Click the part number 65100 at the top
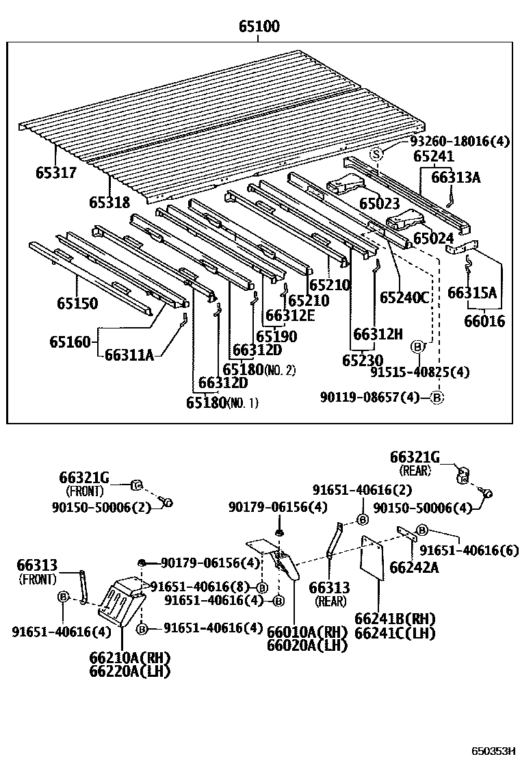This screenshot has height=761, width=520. coord(259,27)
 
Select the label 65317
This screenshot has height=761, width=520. coord(56,173)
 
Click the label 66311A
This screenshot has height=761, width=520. coord(129,354)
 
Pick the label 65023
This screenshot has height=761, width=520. coord(379,203)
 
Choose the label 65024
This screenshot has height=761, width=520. coord(434,239)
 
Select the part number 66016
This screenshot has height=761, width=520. coord(484,321)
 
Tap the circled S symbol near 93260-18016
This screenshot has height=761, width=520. coord(375,154)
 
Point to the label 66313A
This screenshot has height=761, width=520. coord(456,178)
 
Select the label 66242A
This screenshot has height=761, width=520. coord(415,567)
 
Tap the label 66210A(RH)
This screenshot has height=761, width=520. coord(129,658)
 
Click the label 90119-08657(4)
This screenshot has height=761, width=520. coord(369,398)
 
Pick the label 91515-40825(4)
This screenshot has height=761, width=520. coord(419,372)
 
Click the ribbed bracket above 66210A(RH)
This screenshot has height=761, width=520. coord(122,600)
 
